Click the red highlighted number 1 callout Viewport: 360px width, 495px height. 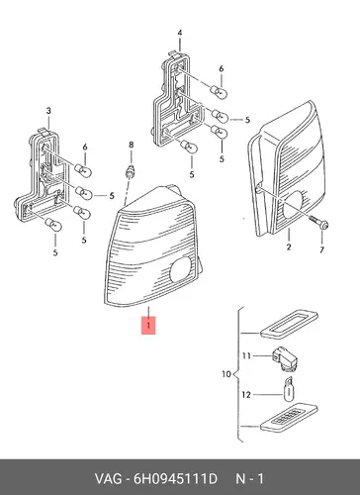(148, 326)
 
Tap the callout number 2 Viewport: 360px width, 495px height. (289, 247)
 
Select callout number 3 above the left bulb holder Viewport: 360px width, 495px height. (48, 111)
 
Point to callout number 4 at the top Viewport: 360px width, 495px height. (180, 33)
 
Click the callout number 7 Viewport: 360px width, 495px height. (321, 250)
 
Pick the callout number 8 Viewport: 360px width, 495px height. (132, 145)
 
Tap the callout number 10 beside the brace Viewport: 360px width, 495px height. (226, 374)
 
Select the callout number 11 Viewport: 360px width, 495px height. (246, 355)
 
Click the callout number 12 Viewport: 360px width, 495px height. (246, 395)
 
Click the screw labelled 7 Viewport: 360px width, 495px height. (319, 223)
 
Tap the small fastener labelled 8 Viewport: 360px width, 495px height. (131, 171)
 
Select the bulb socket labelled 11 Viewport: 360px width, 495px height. (285, 358)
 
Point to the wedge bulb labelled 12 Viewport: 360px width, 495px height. (289, 389)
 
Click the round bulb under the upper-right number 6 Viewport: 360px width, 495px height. (219, 91)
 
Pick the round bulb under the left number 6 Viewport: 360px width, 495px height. (83, 170)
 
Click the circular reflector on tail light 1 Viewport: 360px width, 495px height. (181, 269)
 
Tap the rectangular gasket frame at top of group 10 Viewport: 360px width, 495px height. (289, 323)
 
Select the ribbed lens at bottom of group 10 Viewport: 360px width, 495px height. (289, 418)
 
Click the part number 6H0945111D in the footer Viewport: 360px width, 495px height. (175, 478)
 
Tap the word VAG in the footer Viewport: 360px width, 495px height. (109, 478)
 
